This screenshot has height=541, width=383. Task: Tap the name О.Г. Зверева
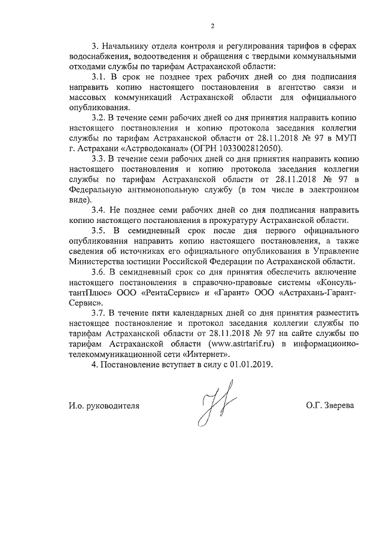pyautogui.click(x=329, y=405)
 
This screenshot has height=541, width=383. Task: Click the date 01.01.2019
pyautogui.click(x=251, y=365)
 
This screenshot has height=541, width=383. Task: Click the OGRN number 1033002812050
pyautogui.click(x=248, y=146)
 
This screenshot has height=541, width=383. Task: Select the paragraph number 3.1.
pyautogui.click(x=98, y=78)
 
